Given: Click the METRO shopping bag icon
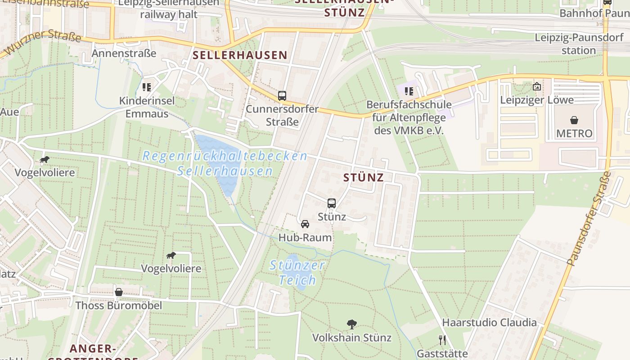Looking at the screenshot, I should point(574,120).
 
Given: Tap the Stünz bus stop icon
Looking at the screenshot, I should point(332,203).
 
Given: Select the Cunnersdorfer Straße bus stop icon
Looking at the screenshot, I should point(282,96).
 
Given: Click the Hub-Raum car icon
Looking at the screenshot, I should point(305,224).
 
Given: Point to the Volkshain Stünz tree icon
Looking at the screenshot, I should point(352,324).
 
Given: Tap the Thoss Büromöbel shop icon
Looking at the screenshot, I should point(119,292).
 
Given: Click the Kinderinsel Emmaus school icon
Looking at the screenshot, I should point(147,87).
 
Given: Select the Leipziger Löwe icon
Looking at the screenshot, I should point(536,86).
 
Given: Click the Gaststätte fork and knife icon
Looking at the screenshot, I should point(442,340).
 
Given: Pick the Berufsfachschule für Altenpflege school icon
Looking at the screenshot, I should point(409,91).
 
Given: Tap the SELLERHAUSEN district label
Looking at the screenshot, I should point(240,55).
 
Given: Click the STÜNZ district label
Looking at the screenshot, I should point(364,177).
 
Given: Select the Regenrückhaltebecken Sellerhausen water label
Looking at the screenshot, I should point(225,163).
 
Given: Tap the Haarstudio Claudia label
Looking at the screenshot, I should point(489,322).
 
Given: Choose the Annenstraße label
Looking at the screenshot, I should point(124,53).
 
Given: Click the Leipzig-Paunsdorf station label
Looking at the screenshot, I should point(579,44).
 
